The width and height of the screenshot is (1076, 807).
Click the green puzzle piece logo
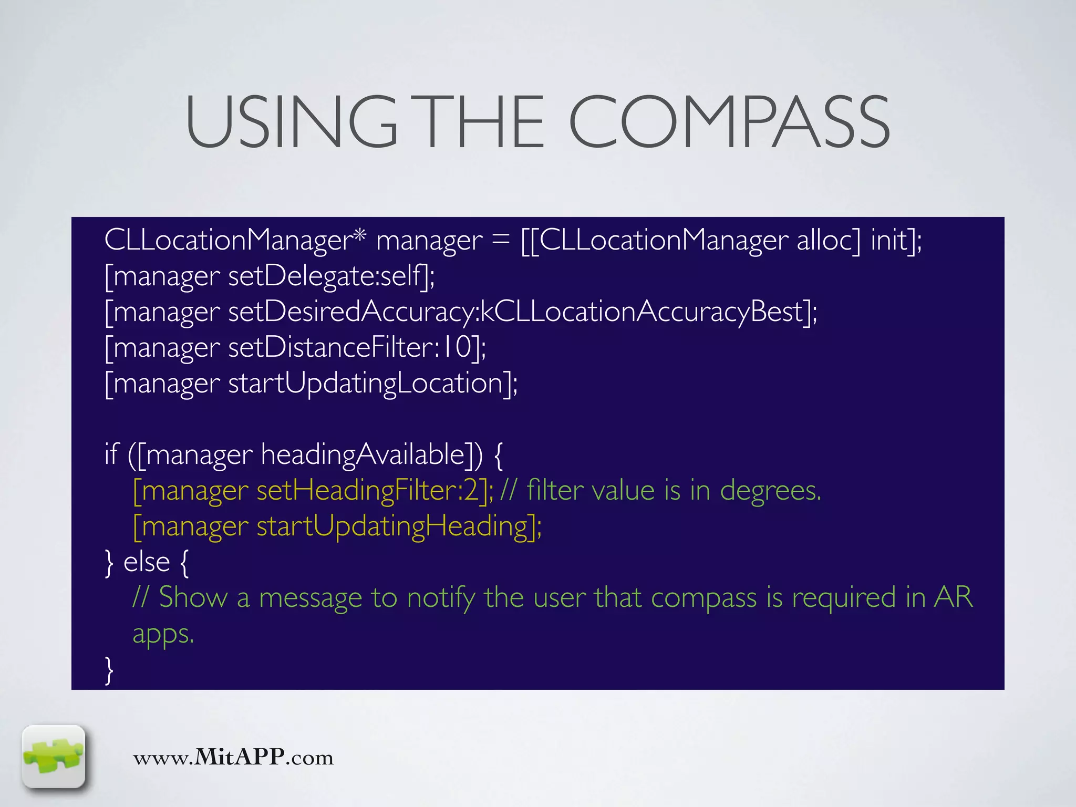(54, 757)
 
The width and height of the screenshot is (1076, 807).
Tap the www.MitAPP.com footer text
(233, 758)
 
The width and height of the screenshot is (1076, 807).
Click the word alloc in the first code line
(829, 240)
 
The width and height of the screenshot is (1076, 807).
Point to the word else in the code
(147, 562)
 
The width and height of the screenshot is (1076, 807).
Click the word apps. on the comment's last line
(163, 634)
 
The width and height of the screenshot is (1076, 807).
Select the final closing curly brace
(109, 670)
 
